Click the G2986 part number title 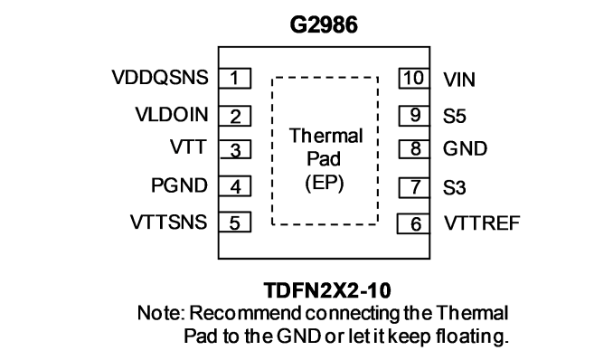tap(324, 24)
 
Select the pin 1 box tap(234, 79)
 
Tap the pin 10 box tap(414, 79)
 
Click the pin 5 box tap(234, 223)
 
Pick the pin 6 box tap(413, 223)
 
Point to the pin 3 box tap(234, 149)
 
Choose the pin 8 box tap(414, 149)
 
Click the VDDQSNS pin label tap(160, 77)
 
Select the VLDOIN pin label tap(172, 114)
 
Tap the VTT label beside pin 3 tap(188, 147)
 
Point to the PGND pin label tap(179, 185)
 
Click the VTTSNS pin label tap(168, 222)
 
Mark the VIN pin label tap(459, 80)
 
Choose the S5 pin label tap(454, 116)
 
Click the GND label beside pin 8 tap(466, 148)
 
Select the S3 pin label tap(454, 188)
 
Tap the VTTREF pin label tap(482, 223)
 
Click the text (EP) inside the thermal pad tap(325, 183)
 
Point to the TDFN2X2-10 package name tap(327, 290)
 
